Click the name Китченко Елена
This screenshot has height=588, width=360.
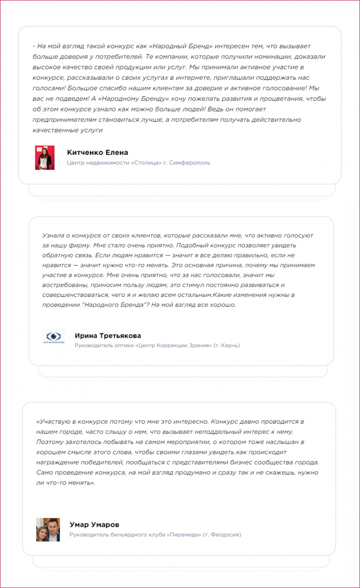97,153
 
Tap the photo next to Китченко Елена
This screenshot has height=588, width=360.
45,158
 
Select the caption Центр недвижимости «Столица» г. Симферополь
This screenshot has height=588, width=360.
138,163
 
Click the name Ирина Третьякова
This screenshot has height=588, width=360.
108,336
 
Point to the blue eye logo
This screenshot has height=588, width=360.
54,337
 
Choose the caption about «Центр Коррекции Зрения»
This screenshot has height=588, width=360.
157,345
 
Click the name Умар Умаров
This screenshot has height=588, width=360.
94,525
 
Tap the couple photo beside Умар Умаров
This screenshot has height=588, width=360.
48,530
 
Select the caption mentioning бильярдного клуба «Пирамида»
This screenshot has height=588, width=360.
155,535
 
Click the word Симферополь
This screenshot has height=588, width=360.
189,163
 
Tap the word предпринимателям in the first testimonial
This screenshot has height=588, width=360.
65,120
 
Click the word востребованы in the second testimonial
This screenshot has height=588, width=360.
65,285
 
